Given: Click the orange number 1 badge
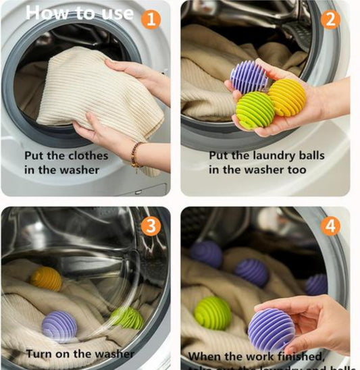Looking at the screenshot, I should click(151, 18).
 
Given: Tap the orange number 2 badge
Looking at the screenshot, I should click(330, 18).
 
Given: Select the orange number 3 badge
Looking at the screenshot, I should click(151, 226).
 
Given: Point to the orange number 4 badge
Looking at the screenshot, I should click(330, 226).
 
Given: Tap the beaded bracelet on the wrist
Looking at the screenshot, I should click(136, 155).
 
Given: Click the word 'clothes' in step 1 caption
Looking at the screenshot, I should click(88, 155).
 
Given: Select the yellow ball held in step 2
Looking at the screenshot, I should click(287, 97).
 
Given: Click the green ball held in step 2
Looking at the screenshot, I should click(255, 110).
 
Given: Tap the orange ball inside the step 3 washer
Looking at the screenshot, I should click(46, 278).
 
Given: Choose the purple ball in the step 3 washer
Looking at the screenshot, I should click(59, 326).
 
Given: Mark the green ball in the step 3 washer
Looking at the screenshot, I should click(127, 317).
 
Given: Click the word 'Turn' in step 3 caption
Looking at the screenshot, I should click(40, 353).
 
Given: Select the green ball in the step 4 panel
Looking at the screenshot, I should click(213, 313).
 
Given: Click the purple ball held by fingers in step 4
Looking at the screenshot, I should click(271, 330).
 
